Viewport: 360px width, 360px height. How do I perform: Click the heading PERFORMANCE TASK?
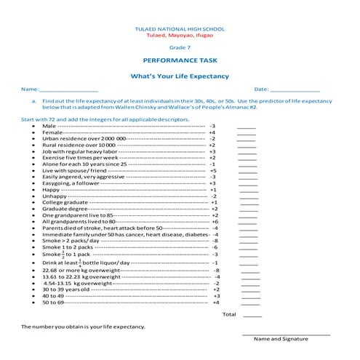point(180,62)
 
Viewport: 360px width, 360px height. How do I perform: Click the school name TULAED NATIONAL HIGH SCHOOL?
point(180,28)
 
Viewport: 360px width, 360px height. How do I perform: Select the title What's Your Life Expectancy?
point(180,76)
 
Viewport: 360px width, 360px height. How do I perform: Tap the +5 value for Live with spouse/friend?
point(212,170)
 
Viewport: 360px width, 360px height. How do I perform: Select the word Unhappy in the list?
point(55,196)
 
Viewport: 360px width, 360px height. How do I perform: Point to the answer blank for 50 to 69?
point(247,303)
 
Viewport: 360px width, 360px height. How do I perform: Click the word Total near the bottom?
point(229,314)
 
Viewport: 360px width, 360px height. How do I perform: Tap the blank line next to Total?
point(252,315)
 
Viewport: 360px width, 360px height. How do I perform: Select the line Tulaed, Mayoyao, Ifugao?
point(180,35)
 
